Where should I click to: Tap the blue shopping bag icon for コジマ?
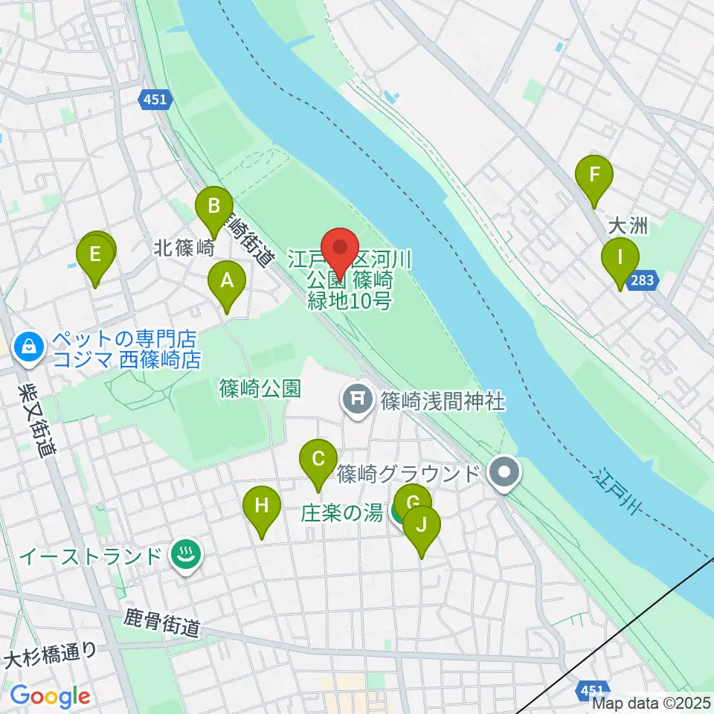pyautogui.click(x=28, y=347)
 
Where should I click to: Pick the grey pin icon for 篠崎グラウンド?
pyautogui.click(x=506, y=472)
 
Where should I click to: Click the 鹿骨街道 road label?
pyautogui.click(x=161, y=623)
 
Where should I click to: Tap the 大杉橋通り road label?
pyautogui.click(x=51, y=657)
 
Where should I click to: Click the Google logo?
pyautogui.click(x=49, y=696)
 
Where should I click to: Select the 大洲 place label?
pyautogui.click(x=628, y=225)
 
